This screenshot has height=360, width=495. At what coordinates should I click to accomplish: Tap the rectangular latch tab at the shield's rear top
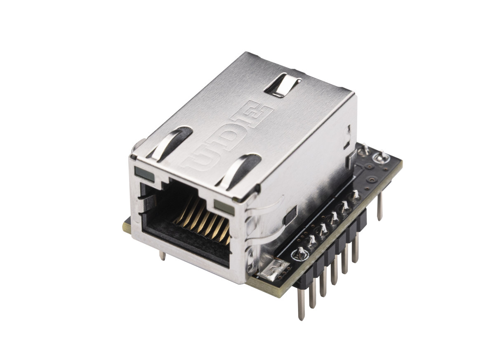pyautogui.click(x=283, y=85)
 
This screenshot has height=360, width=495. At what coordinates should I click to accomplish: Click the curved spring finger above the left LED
pyautogui.click(x=170, y=144)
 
